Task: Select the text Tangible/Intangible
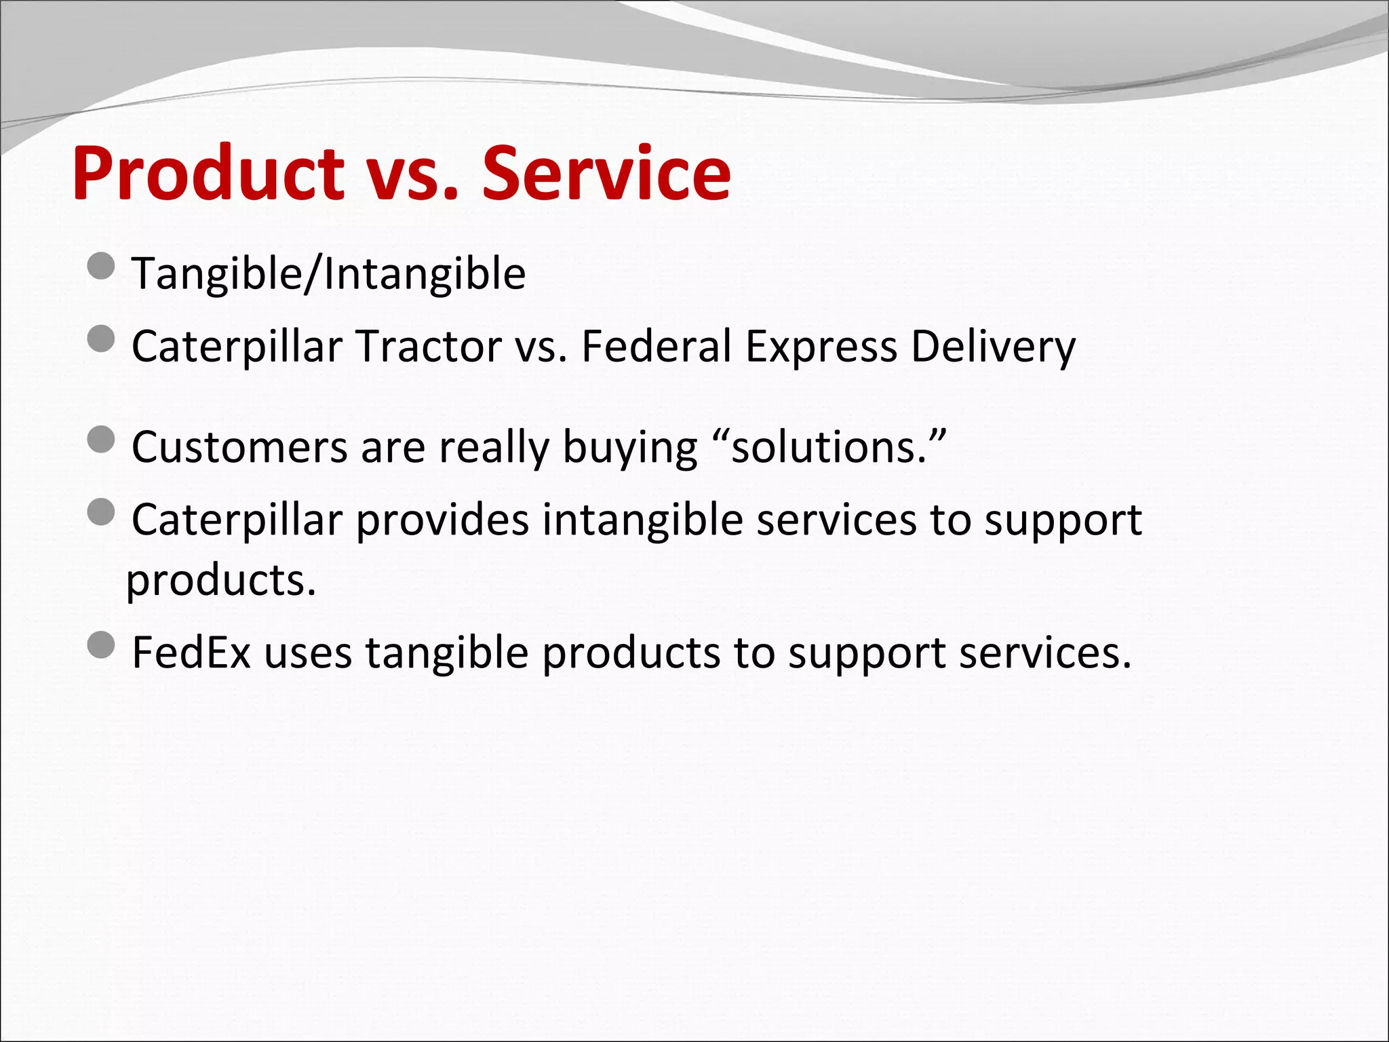pos(328,274)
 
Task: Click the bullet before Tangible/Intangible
pos(101,266)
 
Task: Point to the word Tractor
pos(429,347)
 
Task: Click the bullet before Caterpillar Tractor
pos(101,339)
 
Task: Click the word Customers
pos(239,448)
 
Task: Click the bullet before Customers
pos(101,440)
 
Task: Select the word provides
pos(442,520)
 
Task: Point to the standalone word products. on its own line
pos(221,581)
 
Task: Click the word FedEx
pos(191,653)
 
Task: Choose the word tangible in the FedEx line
pos(446,654)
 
